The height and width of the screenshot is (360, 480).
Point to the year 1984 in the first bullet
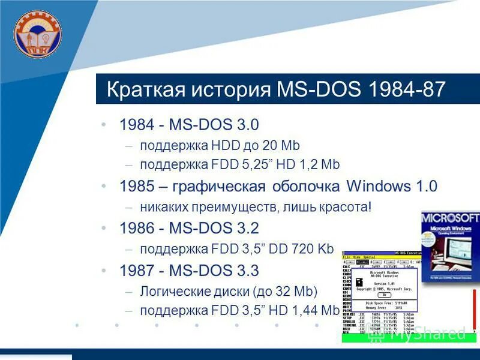(136, 125)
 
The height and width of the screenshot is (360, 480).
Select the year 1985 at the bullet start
(136, 186)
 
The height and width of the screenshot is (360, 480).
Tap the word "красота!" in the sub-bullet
(345, 207)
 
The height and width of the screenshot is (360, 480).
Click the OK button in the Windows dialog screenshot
(381, 295)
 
